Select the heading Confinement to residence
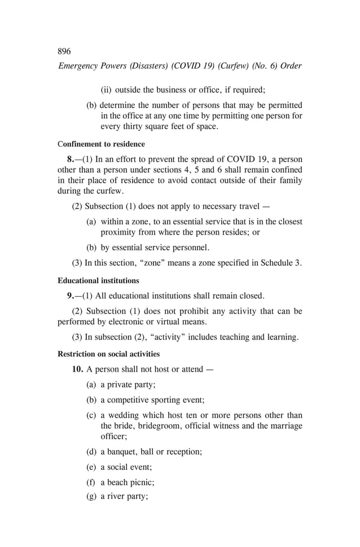(101, 144)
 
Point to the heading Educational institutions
(98, 280)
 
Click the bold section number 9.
(71, 295)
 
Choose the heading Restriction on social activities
(108, 354)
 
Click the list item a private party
(128, 385)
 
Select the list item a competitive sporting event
(152, 400)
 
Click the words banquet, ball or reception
(155, 452)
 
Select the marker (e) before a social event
(91, 467)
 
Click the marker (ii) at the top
(106, 90)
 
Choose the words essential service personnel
(159, 247)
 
